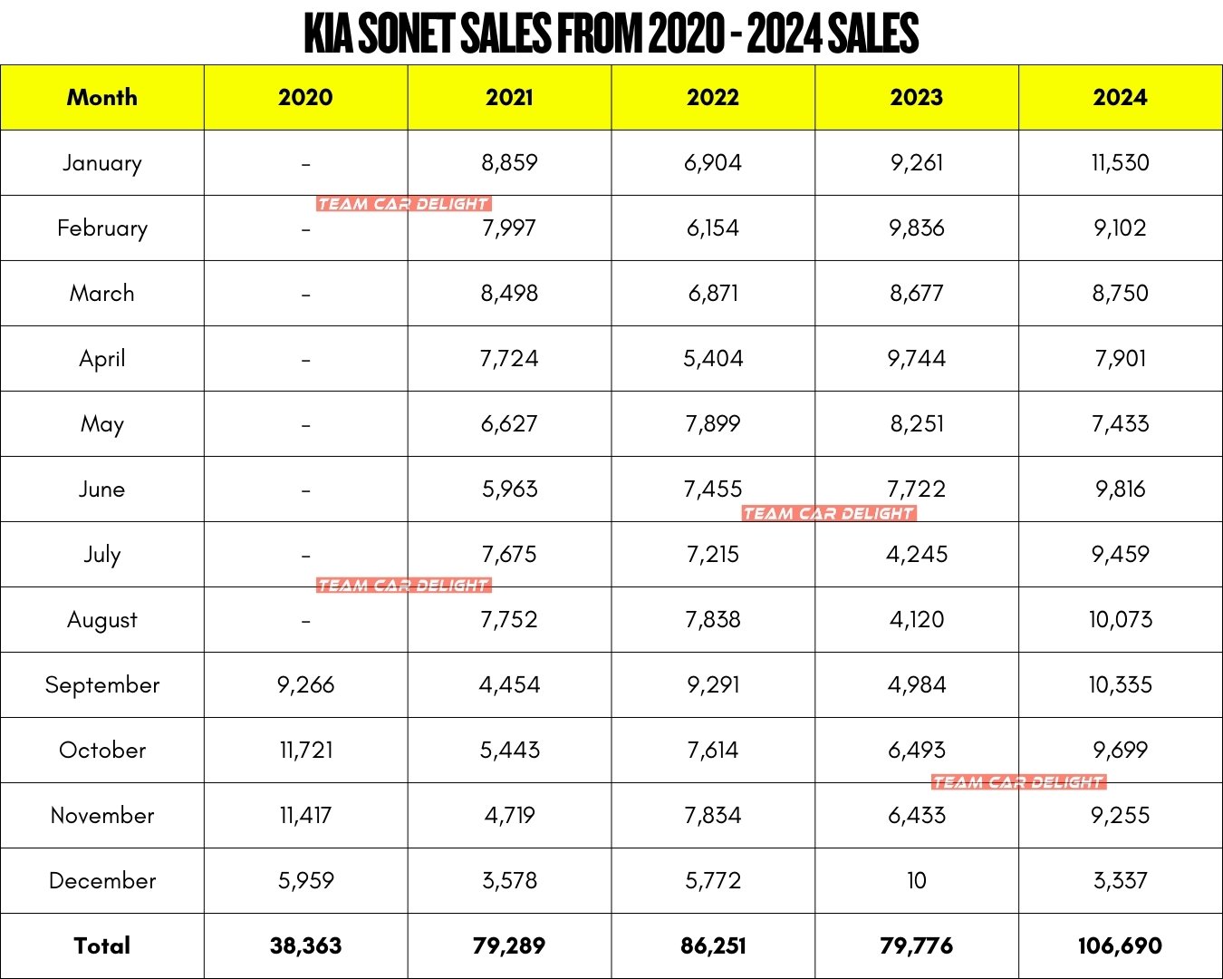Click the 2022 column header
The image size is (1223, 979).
coord(713,97)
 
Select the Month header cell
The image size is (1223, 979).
coord(102,97)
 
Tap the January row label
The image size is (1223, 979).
coord(102,163)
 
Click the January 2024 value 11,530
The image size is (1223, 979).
coord(1120,163)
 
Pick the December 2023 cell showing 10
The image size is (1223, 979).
coord(916,880)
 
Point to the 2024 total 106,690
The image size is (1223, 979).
coord(1120,945)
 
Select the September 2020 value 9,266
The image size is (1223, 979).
coord(305,684)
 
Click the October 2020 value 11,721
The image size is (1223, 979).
coord(305,750)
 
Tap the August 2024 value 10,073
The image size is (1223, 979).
coord(1120,619)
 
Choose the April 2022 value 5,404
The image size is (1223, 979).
coord(713,358)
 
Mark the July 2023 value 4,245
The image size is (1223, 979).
coord(916,554)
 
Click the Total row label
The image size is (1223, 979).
coord(102,945)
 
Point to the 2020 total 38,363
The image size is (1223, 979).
coord(305,945)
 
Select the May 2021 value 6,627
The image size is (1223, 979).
coord(509,423)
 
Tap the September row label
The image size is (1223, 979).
coord(102,684)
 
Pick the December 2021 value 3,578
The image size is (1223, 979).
coord(509,880)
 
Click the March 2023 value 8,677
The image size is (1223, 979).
coord(916,293)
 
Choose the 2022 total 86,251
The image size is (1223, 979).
coord(713,945)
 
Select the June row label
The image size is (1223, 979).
coord(102,489)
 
